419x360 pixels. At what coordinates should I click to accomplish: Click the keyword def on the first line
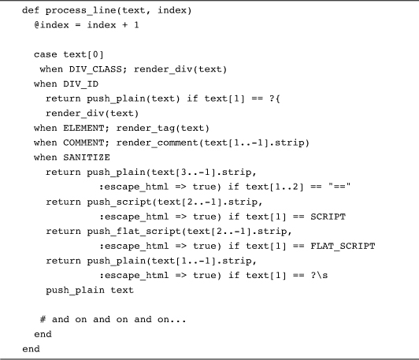(31, 10)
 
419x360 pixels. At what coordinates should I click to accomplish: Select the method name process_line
(81, 11)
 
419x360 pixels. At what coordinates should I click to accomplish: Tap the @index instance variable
(51, 25)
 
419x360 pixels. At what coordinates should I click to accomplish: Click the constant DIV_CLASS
(95, 69)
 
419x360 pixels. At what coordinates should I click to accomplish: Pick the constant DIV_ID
(80, 84)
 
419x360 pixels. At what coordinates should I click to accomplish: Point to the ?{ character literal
(275, 99)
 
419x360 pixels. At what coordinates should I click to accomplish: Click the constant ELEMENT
(83, 128)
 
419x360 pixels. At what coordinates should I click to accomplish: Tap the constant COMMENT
(83, 143)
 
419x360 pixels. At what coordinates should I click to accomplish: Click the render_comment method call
(158, 143)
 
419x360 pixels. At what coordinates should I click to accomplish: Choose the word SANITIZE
(87, 158)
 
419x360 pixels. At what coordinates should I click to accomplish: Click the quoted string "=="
(339, 186)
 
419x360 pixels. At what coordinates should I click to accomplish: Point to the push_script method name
(119, 202)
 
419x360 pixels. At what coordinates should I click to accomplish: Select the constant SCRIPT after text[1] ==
(328, 217)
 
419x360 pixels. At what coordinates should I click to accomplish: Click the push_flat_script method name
(134, 232)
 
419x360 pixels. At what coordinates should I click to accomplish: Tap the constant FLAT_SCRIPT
(343, 246)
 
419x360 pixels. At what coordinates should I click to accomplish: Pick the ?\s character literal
(319, 276)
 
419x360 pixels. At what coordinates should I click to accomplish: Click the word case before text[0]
(46, 55)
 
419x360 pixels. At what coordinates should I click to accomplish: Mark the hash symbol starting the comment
(43, 319)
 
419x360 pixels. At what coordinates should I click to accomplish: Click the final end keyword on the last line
(31, 349)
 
